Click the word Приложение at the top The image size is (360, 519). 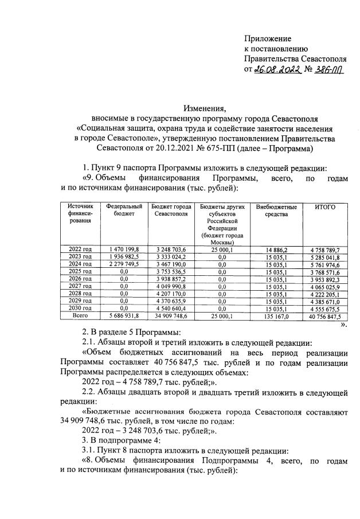pos(268,37)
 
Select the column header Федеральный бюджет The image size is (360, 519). pos(121,210)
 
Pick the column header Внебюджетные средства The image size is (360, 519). pos(276,210)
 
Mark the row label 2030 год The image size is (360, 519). pos(80,308)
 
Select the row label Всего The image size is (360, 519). pos(80,316)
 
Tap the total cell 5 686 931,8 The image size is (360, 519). pos(121,316)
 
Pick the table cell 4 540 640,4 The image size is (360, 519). pos(171,308)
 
